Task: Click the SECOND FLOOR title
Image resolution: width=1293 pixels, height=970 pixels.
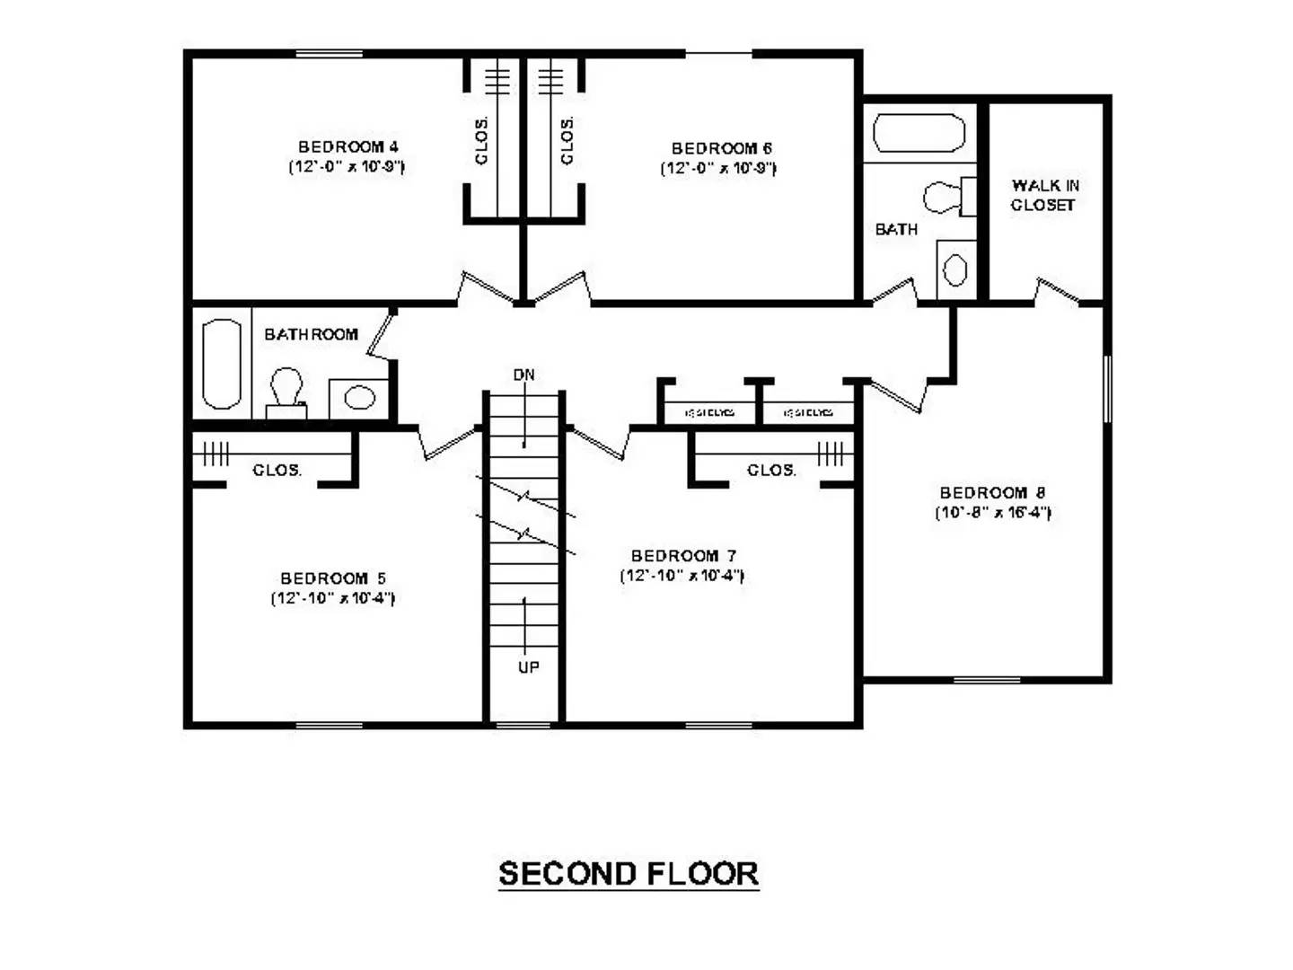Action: point(629,874)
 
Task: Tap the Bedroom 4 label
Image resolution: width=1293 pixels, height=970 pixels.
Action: point(348,146)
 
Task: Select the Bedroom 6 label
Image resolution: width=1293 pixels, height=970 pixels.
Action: point(722,148)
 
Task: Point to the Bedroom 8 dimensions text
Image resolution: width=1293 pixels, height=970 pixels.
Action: point(992,513)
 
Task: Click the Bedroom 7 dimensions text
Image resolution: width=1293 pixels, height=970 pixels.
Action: point(682,576)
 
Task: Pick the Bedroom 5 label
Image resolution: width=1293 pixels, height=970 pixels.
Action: point(333,578)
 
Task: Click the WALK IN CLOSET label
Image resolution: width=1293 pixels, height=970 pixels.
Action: point(1044,195)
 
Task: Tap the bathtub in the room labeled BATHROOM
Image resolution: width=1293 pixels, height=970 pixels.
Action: point(222,364)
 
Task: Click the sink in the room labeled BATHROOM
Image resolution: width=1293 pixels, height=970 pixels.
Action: point(359,397)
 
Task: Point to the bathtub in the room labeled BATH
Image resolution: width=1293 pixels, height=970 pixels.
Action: point(919,133)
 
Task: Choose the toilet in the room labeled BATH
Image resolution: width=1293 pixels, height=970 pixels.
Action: point(945,197)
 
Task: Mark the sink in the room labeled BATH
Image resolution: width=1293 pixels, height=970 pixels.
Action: point(955,269)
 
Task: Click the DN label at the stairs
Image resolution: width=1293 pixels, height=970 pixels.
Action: point(524,375)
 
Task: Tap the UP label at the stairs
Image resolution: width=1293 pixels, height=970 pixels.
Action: point(528,667)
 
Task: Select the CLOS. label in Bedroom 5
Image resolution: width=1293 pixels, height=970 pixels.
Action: point(277,470)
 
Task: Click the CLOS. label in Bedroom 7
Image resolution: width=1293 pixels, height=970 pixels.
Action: point(771,470)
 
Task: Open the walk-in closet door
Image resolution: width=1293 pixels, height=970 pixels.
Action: point(1057,292)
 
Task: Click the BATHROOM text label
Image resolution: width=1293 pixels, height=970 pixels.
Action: point(311,334)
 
